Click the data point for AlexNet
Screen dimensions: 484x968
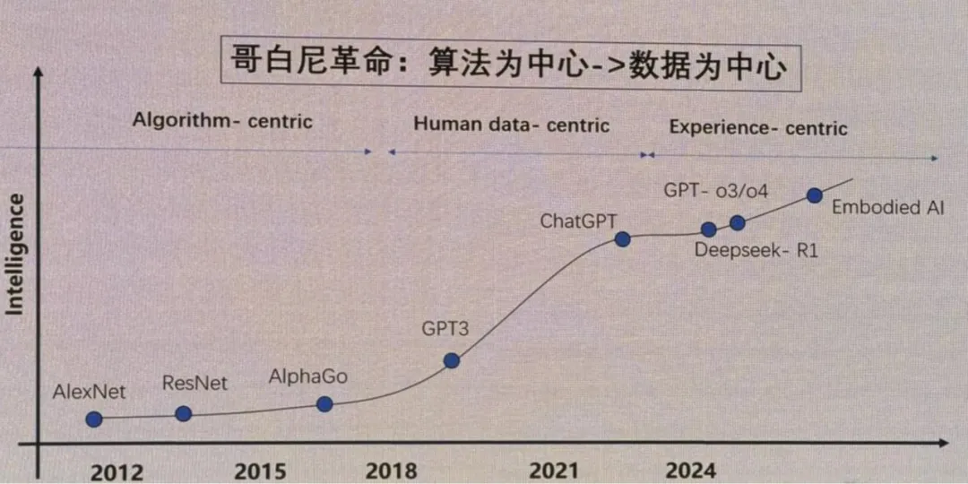93,419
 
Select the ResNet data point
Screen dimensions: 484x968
183,413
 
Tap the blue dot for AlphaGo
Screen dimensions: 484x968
324,404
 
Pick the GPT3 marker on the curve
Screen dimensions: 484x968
452,360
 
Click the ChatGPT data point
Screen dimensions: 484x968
623,238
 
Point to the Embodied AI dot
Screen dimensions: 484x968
814,194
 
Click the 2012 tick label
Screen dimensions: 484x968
117,471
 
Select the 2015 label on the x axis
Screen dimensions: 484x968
260,471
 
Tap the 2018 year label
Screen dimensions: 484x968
391,471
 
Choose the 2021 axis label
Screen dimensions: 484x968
554,471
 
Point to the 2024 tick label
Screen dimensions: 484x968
691,471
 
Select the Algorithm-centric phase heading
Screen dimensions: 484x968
222,120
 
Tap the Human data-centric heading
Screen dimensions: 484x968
511,125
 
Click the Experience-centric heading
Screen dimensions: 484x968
757,128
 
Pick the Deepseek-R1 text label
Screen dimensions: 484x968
756,251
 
